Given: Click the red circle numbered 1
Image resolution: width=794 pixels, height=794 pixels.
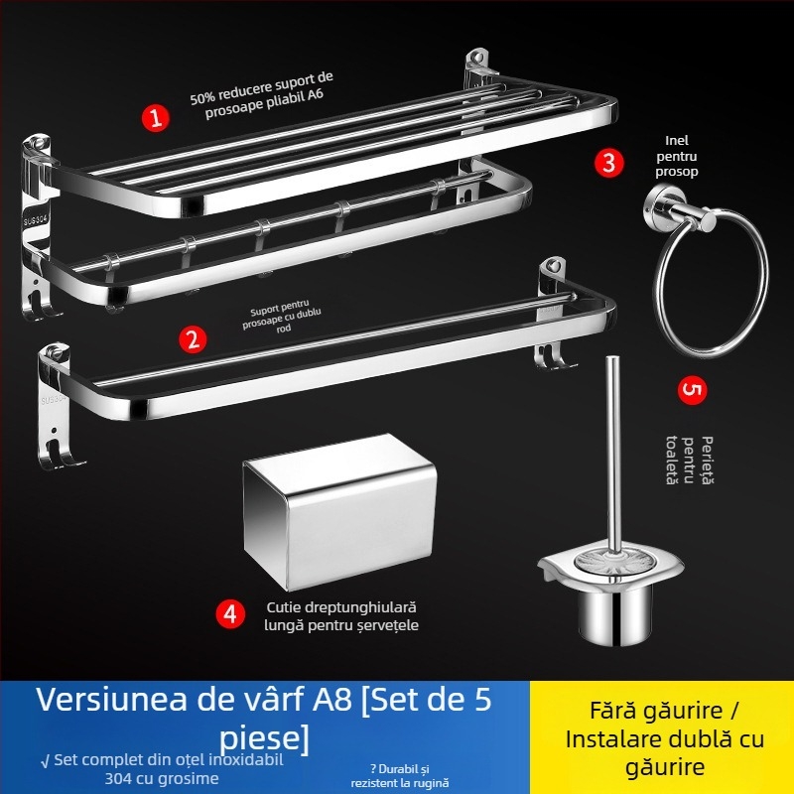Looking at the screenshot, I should pos(155,118).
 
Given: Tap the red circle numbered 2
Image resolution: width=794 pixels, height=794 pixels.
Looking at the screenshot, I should pos(193,339).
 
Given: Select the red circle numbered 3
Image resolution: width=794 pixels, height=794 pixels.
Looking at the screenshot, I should pos(610,162).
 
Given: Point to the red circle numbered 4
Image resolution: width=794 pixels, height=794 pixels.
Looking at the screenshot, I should pos(230,614).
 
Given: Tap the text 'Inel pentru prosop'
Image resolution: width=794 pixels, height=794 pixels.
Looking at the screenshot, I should pos(676,156).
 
